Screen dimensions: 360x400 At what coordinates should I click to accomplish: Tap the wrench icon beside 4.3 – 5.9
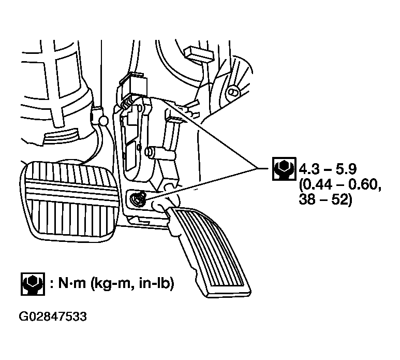(282, 169)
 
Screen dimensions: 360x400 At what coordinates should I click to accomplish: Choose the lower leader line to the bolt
(202, 181)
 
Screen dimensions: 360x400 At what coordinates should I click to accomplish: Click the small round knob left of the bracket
(103, 120)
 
